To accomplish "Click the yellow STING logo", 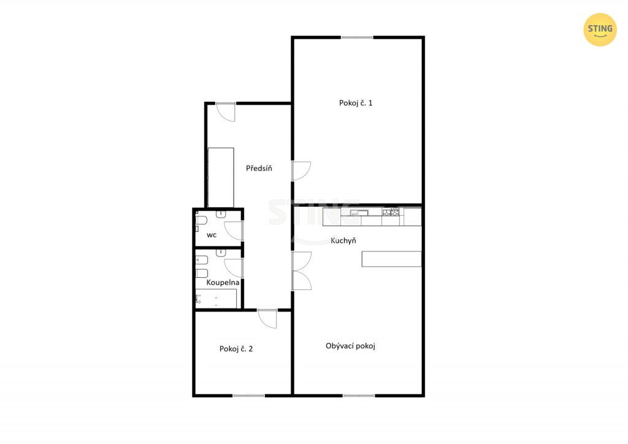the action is coord(600,29).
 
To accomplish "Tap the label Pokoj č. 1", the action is coord(356,103).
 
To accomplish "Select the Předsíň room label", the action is coord(259,168).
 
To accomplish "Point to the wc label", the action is coord(212,235).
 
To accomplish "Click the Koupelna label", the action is coord(223,282).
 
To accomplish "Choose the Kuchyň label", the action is coord(343,240).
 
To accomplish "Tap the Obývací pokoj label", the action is coord(350,346).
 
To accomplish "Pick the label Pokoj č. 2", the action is coord(236,349).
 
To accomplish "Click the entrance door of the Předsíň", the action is coord(226,112).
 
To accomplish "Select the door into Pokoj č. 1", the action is coord(301,171).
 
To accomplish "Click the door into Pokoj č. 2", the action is coord(267,319).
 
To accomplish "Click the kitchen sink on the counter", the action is coord(355,213).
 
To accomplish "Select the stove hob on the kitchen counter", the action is coord(391,212).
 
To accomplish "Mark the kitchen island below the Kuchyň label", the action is coord(391,259).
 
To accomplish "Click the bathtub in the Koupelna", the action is coord(216,299).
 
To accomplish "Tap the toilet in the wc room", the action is coord(201,221).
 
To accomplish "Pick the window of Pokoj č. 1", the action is coord(357,37).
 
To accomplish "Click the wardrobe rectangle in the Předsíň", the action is coord(221,177).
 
